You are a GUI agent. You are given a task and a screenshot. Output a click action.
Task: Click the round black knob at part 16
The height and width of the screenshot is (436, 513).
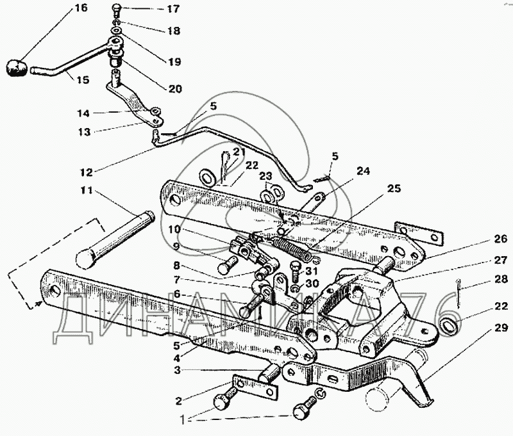15,68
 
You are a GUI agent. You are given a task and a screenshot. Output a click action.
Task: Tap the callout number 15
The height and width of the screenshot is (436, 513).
83,79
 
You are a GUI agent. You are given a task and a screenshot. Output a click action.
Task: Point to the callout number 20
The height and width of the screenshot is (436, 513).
174,89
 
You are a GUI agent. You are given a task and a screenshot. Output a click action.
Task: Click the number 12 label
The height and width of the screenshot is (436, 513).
87,172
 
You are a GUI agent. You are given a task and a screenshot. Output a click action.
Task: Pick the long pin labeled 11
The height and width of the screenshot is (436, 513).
115,239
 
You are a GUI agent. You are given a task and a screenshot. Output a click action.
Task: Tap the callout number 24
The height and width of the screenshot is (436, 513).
363,171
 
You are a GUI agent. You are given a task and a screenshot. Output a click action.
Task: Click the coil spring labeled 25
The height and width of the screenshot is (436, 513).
291,249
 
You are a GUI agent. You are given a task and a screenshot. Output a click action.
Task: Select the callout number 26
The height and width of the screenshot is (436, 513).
500,239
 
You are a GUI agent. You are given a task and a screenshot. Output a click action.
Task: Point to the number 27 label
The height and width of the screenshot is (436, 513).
500,261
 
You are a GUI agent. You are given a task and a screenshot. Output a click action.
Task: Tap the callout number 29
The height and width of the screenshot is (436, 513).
501,328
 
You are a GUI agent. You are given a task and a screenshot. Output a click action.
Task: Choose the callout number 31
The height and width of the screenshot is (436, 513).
311,271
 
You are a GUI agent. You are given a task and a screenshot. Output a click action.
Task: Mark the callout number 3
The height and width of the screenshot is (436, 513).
177,371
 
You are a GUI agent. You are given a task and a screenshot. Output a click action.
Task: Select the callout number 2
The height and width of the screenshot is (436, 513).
178,401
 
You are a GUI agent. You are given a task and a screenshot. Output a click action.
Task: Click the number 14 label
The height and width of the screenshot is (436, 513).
83,113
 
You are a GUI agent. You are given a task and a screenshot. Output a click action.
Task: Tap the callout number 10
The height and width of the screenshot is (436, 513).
174,229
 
